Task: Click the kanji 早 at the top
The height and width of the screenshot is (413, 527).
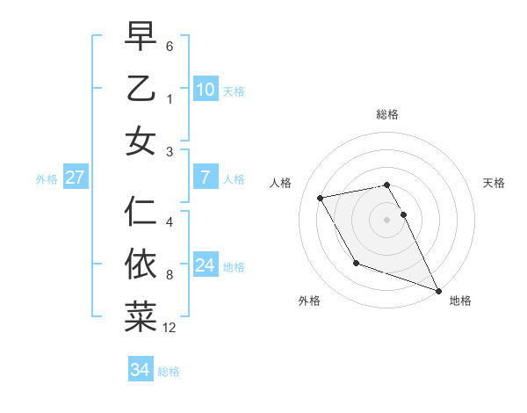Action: click(141, 36)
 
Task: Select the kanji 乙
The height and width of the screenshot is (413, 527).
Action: click(141, 89)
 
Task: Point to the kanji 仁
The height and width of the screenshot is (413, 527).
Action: click(141, 212)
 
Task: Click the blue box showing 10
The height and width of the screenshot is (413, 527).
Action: click(205, 90)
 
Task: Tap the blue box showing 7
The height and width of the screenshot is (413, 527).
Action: click(205, 178)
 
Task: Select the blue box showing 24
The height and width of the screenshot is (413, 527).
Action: click(205, 265)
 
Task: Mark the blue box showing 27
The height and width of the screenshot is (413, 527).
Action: click(75, 178)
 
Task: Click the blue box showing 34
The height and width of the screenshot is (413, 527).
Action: click(140, 370)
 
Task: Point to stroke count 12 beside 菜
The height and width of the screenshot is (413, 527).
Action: click(170, 329)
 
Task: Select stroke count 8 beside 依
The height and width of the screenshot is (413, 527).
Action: click(170, 275)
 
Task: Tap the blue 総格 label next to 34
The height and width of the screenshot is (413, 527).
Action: click(169, 372)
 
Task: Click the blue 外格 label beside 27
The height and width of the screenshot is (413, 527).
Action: click(47, 179)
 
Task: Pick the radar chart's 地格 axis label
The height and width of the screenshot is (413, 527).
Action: click(460, 301)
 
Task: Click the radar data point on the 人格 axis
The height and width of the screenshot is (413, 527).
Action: click(321, 199)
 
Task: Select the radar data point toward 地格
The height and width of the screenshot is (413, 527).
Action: click(438, 290)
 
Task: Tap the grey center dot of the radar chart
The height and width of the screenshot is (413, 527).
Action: click(386, 219)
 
